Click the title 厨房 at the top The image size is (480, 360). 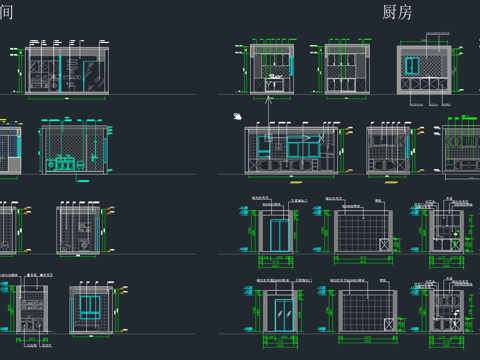pyautogui.click(x=397, y=12)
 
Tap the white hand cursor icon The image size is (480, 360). pyautogui.click(x=238, y=116)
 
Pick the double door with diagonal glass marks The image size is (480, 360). pyautogui.click(x=285, y=312)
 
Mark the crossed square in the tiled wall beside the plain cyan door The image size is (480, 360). pyautogui.click(x=385, y=244)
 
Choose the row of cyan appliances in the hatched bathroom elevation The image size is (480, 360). pyautogui.click(x=61, y=163)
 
